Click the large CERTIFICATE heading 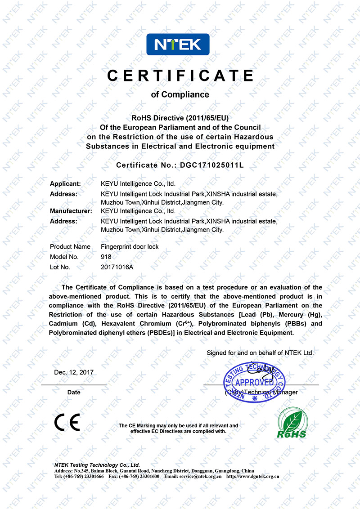(180, 76)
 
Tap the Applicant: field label (65, 183)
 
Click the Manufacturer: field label (71, 210)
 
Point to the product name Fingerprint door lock (130, 246)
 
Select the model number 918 (106, 257)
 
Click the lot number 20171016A (117, 267)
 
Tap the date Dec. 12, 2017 (74, 372)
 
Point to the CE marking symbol (67, 423)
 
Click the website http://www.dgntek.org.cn (253, 476)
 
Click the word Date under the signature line (74, 392)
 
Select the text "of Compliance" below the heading (180, 94)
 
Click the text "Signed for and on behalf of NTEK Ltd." (260, 353)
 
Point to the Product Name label (70, 246)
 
